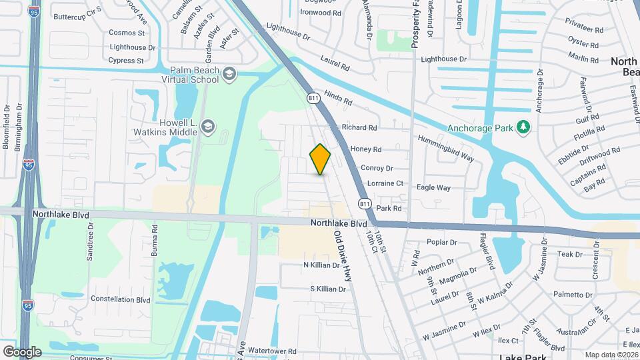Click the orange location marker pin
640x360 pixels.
pos(320,159)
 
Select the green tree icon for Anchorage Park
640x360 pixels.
pos(524,127)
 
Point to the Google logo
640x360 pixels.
pos(21,351)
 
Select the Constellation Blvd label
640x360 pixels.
pos(121,299)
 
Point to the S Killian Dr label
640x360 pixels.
pos(328,289)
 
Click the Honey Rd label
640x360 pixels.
pos(365,149)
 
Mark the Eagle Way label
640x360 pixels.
pos(433,187)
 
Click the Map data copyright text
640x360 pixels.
pos(611,355)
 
